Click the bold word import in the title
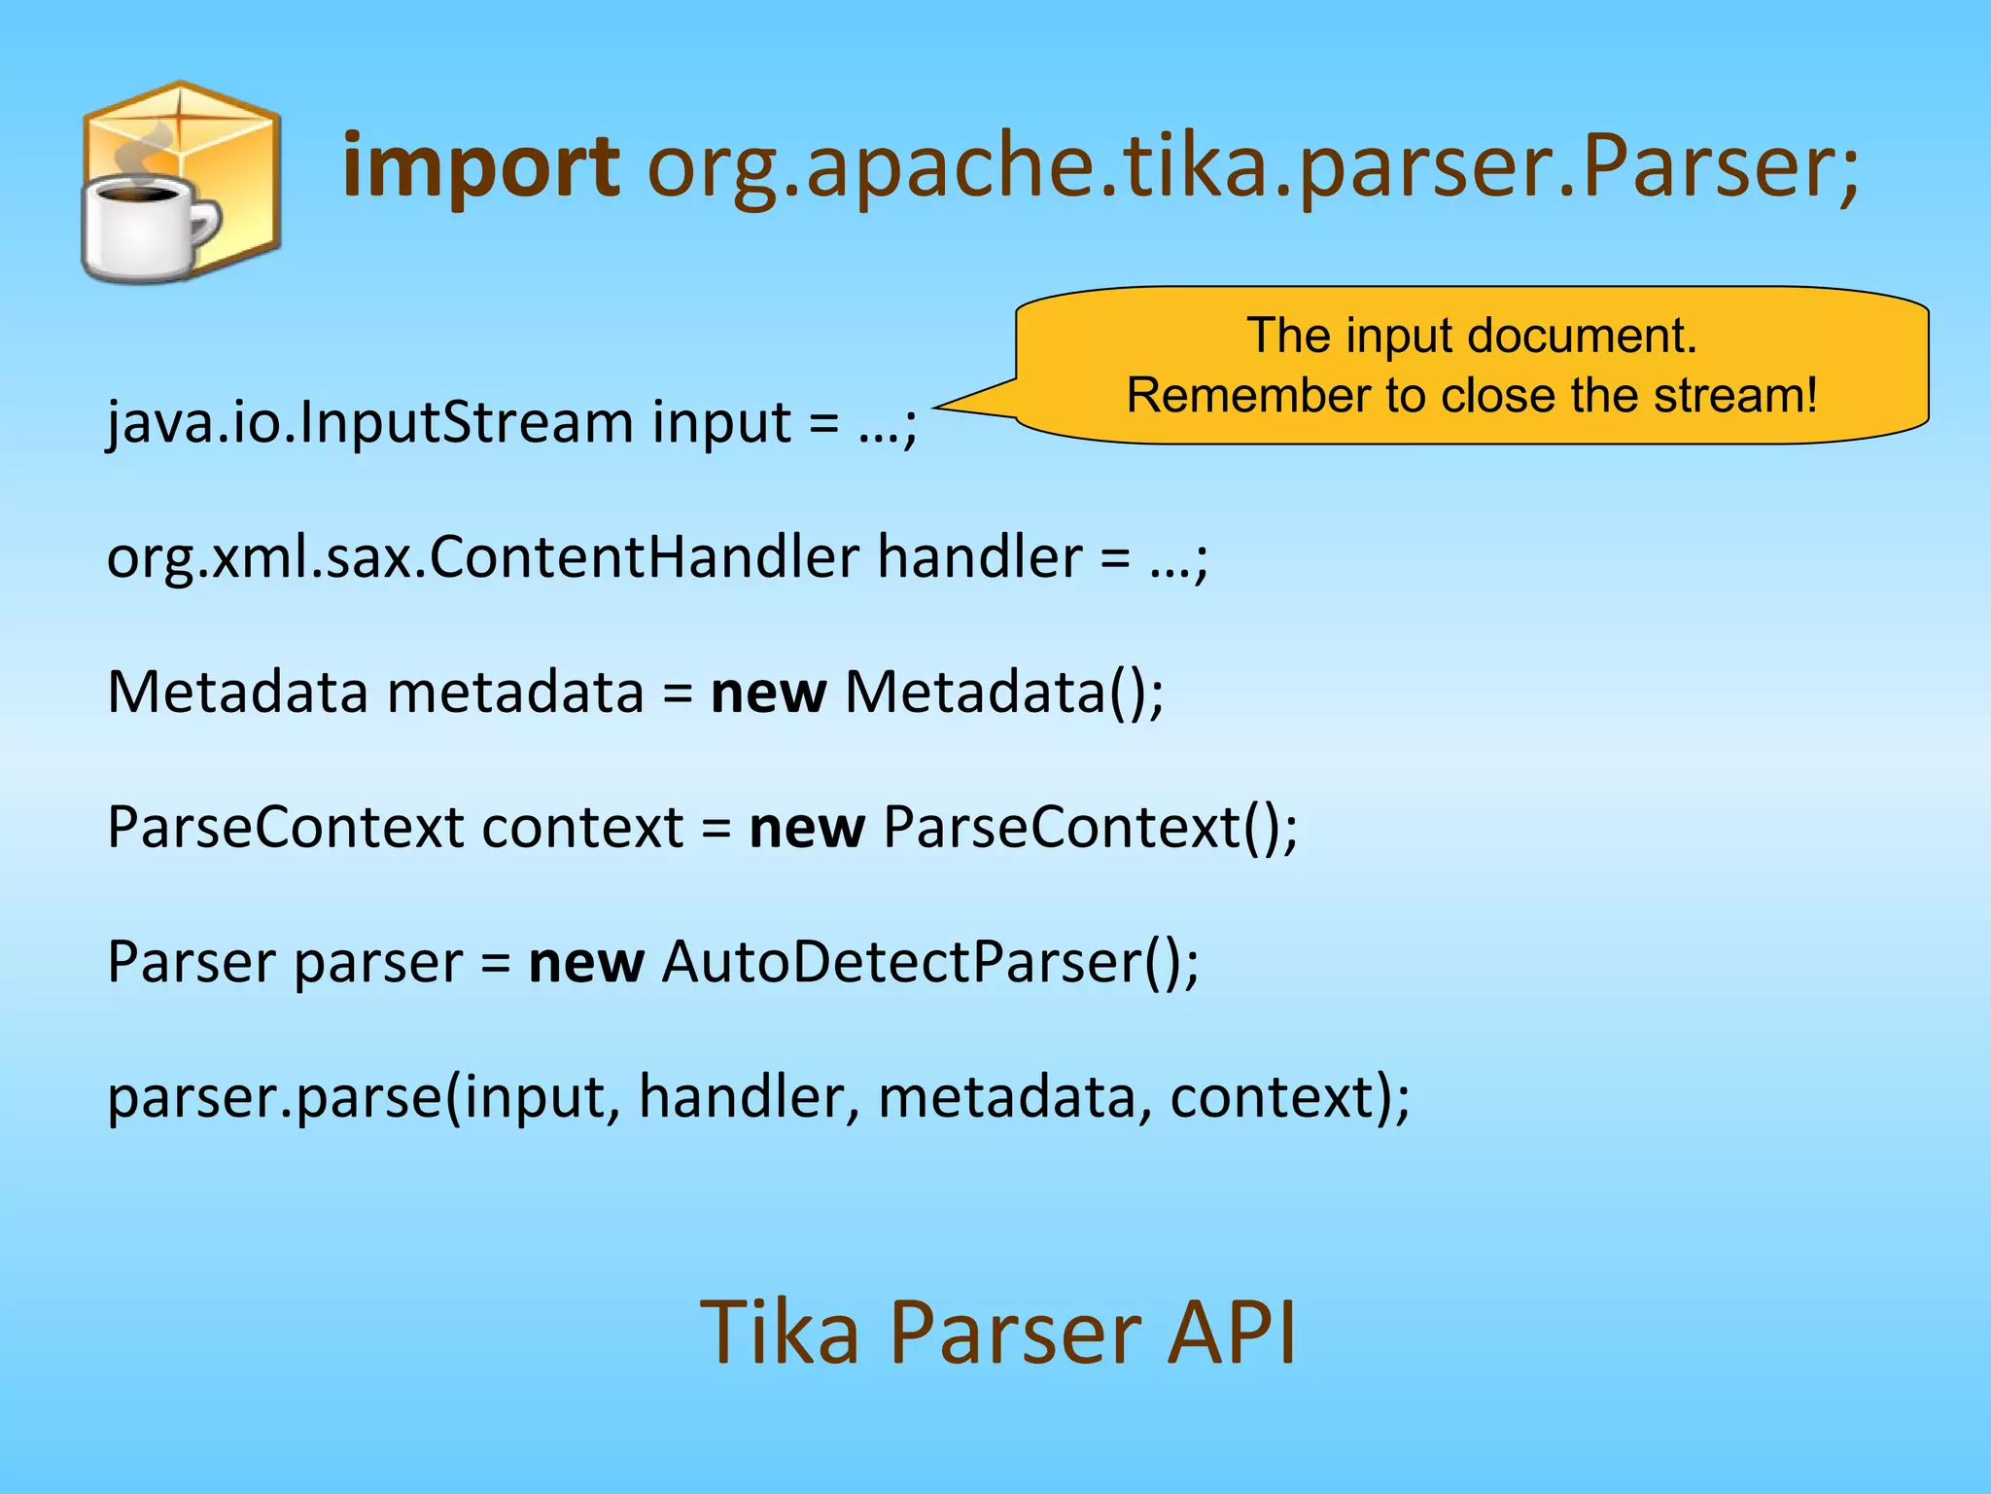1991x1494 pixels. point(481,167)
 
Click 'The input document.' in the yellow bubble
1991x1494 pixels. point(1471,336)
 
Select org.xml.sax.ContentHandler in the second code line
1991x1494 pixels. point(482,558)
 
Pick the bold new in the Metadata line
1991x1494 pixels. point(768,694)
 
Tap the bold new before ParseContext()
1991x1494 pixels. point(806,828)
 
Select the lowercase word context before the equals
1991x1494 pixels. point(582,828)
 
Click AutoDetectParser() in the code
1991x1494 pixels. point(929,963)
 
